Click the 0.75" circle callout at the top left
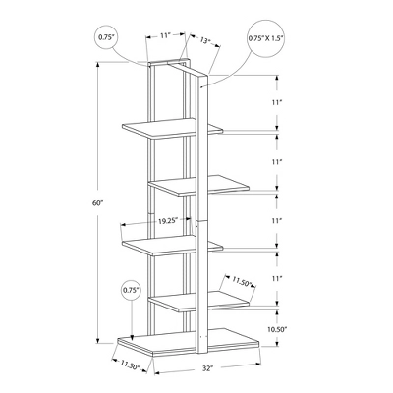pyautogui.click(x=107, y=38)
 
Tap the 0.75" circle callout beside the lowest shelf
pyautogui.click(x=131, y=291)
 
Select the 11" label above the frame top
pyautogui.click(x=167, y=34)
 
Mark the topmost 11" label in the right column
pyautogui.click(x=277, y=102)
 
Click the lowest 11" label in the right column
pyautogui.click(x=277, y=280)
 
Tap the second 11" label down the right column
pyautogui.click(x=277, y=161)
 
